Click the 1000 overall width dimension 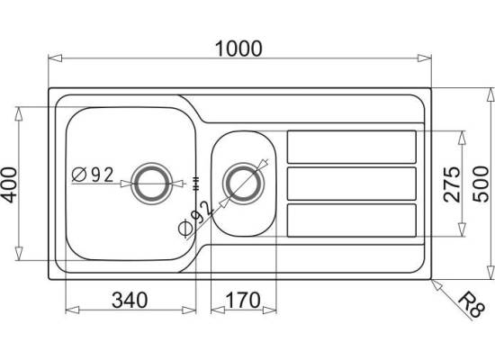pyautogui.click(x=238, y=49)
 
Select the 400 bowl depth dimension pyautogui.click(x=8, y=185)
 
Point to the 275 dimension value pyautogui.click(x=452, y=184)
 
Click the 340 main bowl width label pyautogui.click(x=130, y=300)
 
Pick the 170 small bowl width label pyautogui.click(x=243, y=300)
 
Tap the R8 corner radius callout pyautogui.click(x=471, y=305)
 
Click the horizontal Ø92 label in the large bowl pyautogui.click(x=93, y=175)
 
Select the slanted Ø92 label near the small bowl pyautogui.click(x=195, y=220)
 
